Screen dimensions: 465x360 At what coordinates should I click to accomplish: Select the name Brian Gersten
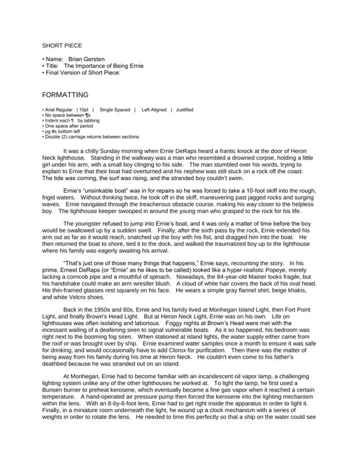click(87, 59)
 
